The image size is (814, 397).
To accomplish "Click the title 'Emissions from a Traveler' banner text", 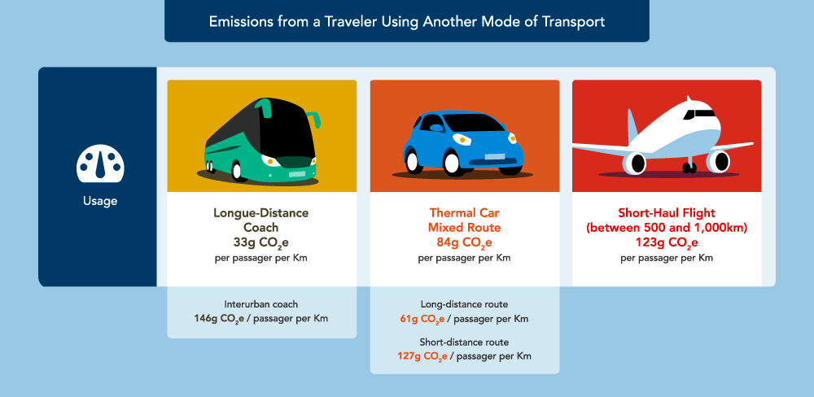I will [x=407, y=22].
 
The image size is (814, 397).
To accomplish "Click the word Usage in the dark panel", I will [x=98, y=201].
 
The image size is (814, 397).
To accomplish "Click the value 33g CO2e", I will [x=260, y=242].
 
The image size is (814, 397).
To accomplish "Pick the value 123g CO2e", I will [x=667, y=242].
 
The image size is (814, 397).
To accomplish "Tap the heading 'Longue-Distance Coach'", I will [x=260, y=220].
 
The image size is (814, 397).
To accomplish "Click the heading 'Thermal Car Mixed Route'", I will [x=464, y=220].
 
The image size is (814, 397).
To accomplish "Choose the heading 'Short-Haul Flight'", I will [x=667, y=213].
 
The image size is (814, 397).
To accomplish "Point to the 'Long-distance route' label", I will [x=464, y=303].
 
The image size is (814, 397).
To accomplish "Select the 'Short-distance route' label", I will [x=464, y=342].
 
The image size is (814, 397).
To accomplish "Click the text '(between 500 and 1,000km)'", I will [x=667, y=228].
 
